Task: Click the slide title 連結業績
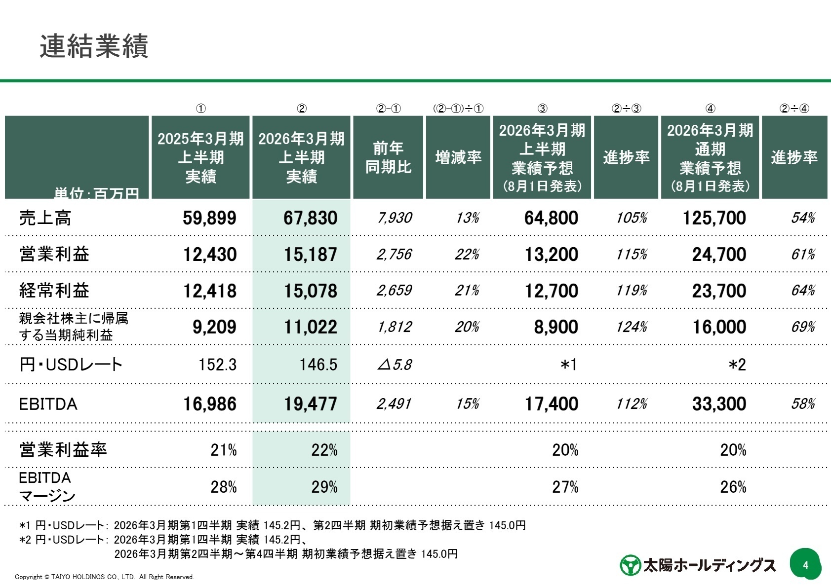pyautogui.click(x=94, y=47)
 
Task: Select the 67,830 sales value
pyautogui.click(x=310, y=218)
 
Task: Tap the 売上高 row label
pyautogui.click(x=45, y=218)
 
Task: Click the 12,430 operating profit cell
pyautogui.click(x=210, y=255)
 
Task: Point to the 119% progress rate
pyautogui.click(x=632, y=291)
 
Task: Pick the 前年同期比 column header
pyautogui.click(x=388, y=157)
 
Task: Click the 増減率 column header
pyautogui.click(x=458, y=157)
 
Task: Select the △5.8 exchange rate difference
pyautogui.click(x=395, y=365)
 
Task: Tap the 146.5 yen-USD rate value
pyautogui.click(x=318, y=365)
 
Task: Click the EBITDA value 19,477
pyautogui.click(x=310, y=404)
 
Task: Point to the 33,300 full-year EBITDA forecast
pyautogui.click(x=719, y=404)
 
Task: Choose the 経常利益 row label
pyautogui.click(x=54, y=291)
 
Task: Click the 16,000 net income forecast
pyautogui.click(x=719, y=327)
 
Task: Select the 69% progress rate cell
pyautogui.click(x=803, y=327)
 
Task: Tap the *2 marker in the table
pyautogui.click(x=737, y=365)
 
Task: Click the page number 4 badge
pyautogui.click(x=805, y=565)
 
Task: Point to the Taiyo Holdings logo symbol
pyautogui.click(x=630, y=565)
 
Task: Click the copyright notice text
pyautogui.click(x=104, y=577)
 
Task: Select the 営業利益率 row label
pyautogui.click(x=63, y=450)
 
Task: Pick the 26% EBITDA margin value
pyautogui.click(x=733, y=487)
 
